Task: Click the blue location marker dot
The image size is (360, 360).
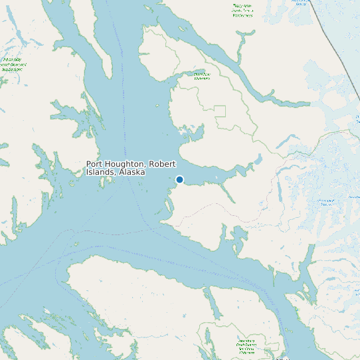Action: pyautogui.click(x=179, y=179)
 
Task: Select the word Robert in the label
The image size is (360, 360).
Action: pyautogui.click(x=163, y=164)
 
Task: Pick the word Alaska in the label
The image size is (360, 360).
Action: pyautogui.click(x=132, y=172)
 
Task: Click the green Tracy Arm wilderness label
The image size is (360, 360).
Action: pyautogui.click(x=242, y=11)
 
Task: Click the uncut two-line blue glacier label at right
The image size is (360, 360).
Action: pyautogui.click(x=325, y=202)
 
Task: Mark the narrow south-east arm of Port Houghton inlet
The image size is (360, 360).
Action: pyautogui.click(x=230, y=193)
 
